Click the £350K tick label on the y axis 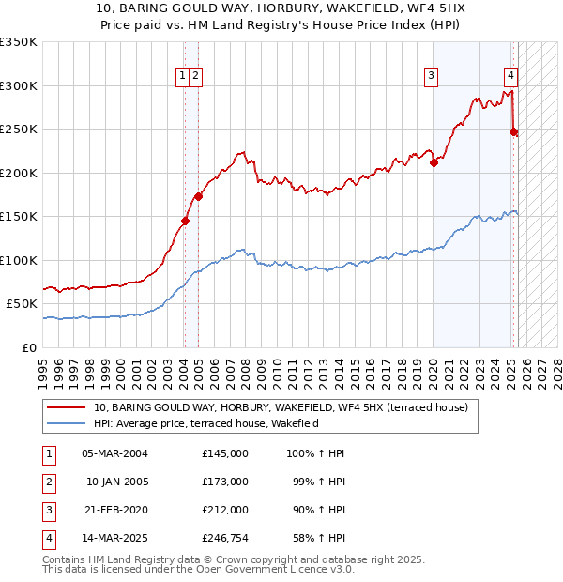[19, 42]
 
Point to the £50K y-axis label [22, 304]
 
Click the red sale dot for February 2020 [434, 162]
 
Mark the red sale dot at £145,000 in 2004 [185, 222]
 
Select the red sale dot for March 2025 [513, 132]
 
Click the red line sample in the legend [66, 408]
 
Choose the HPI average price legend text [206, 424]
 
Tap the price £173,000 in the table [224, 482]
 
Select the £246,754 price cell [224, 539]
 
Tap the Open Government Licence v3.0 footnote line [198, 569]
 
